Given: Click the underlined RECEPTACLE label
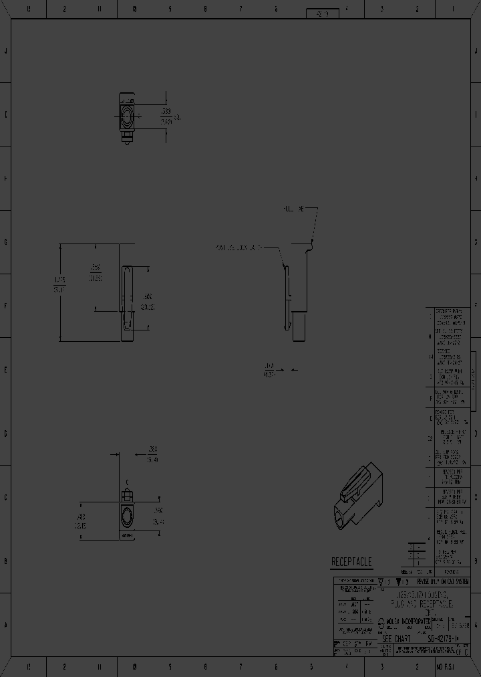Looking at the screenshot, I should click(x=351, y=562).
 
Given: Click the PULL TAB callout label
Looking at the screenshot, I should click(x=293, y=209).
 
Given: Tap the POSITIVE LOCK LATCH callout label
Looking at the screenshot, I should click(x=238, y=247).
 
